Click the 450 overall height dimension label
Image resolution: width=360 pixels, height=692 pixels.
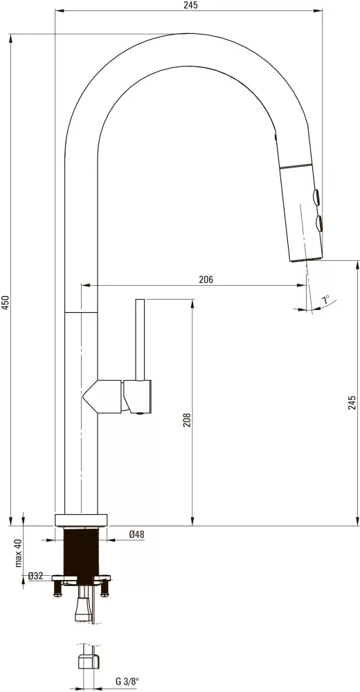coord(6,303)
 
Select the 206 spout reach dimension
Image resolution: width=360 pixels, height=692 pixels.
coord(206,280)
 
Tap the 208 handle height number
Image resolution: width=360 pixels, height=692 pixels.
coord(187,420)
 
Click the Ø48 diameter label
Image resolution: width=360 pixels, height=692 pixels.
coord(136,534)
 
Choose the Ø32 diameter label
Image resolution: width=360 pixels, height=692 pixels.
coord(36,576)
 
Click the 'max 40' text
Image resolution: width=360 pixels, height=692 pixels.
coord(18,552)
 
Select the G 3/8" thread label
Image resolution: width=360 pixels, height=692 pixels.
coord(127,682)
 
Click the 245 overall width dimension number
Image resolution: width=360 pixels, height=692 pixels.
coord(191,5)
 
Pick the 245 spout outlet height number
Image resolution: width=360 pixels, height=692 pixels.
coord(352,403)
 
